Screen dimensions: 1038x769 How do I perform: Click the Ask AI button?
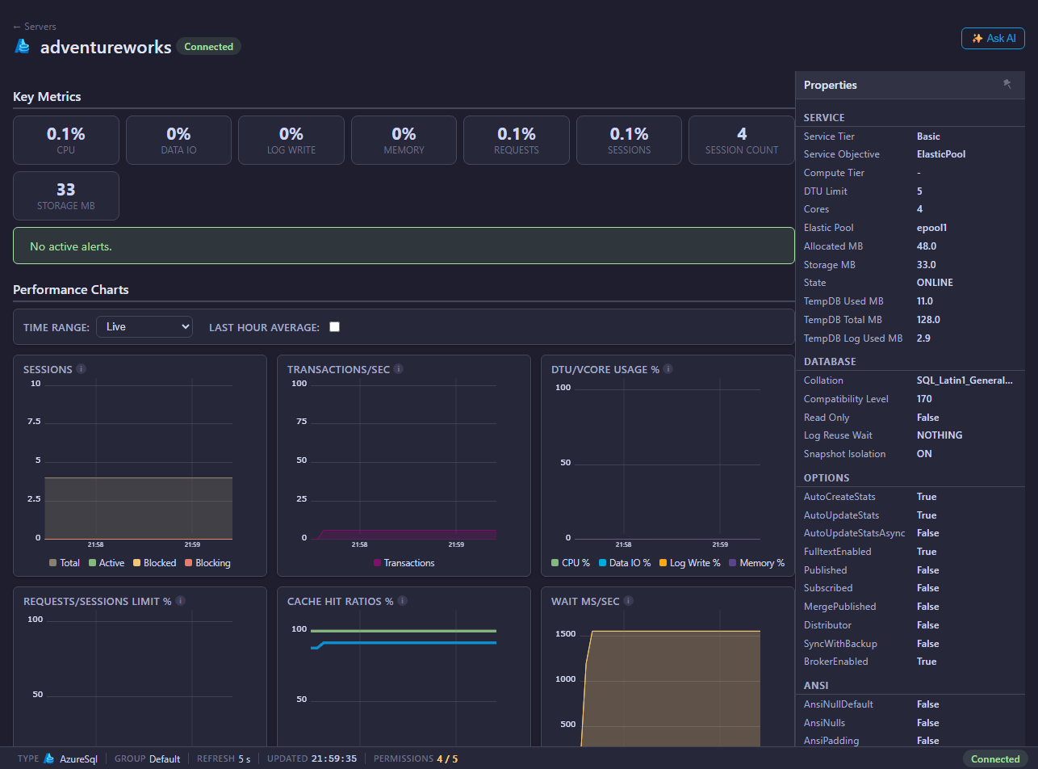[993, 39]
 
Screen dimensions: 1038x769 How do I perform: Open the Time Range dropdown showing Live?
[144, 327]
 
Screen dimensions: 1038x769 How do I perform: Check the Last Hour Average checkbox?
[334, 327]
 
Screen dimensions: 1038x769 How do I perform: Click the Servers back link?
[35, 26]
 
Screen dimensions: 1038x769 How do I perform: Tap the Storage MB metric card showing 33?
[66, 195]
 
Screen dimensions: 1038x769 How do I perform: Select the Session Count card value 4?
[742, 134]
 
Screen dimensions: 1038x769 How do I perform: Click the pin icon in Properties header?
[1007, 84]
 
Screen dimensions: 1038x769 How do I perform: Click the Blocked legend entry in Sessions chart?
[154, 563]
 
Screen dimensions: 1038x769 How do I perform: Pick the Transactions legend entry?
[404, 563]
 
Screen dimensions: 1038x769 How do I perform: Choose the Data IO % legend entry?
[625, 563]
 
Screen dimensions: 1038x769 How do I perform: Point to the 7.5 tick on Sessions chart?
[34, 422]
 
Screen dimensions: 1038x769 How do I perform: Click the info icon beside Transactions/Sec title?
[398, 369]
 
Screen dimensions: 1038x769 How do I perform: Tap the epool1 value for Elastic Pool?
[931, 228]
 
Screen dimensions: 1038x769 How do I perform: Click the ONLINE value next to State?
[935, 283]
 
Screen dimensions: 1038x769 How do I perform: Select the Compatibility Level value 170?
[924, 399]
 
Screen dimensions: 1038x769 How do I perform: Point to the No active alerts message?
[71, 246]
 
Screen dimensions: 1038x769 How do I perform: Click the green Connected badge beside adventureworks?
[209, 47]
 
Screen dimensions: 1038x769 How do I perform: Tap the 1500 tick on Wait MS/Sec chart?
[565, 633]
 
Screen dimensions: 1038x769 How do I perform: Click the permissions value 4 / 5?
[447, 758]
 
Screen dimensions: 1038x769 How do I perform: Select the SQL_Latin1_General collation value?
[964, 380]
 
